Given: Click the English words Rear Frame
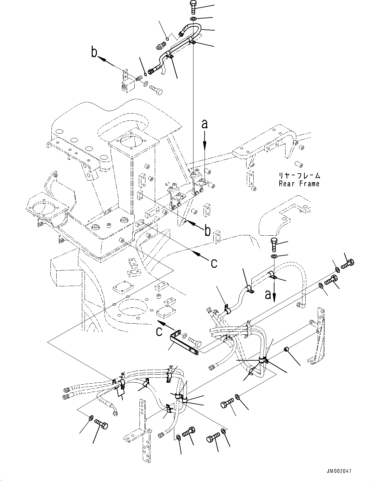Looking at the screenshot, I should click(299, 184).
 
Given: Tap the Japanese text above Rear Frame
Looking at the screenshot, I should click(299, 176).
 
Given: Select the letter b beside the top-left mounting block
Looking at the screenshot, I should click(94, 53).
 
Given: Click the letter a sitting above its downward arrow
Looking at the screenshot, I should click(205, 124).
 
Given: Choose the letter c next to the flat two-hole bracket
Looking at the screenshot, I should click(160, 332).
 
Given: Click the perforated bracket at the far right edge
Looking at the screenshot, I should click(317, 338).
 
